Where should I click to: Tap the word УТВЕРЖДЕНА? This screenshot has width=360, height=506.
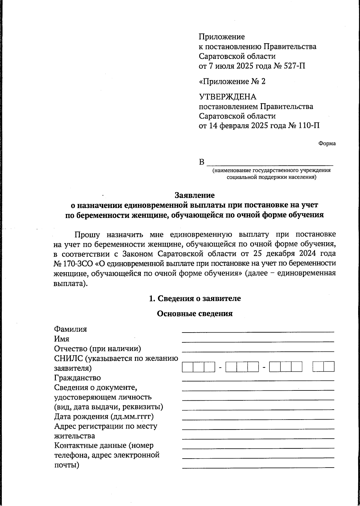(x=228, y=97)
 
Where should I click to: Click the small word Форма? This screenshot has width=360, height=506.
(x=327, y=143)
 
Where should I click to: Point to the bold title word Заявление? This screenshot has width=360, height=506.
(x=195, y=195)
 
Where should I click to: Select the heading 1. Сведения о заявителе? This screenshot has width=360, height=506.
(x=195, y=299)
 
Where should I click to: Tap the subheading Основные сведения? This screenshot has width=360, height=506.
(x=195, y=314)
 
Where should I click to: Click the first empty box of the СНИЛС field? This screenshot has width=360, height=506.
(x=187, y=367)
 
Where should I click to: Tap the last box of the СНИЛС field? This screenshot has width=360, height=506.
(x=329, y=367)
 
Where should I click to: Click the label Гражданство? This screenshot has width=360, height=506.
(x=77, y=378)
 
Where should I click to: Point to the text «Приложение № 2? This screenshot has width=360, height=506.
(x=232, y=81)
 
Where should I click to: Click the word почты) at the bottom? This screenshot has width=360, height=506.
(x=67, y=465)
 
